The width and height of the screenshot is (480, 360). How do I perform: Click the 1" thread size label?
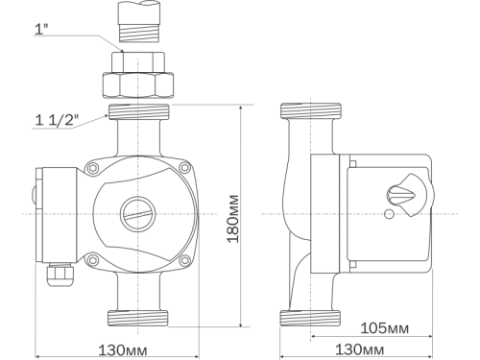click(43, 29)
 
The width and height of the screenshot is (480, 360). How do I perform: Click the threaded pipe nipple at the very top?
click(136, 23)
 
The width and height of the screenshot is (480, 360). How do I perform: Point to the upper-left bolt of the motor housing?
click(92, 170)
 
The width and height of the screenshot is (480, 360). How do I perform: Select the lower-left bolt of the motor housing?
click(92, 256)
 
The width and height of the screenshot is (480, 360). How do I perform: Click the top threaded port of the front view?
click(136, 111)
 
